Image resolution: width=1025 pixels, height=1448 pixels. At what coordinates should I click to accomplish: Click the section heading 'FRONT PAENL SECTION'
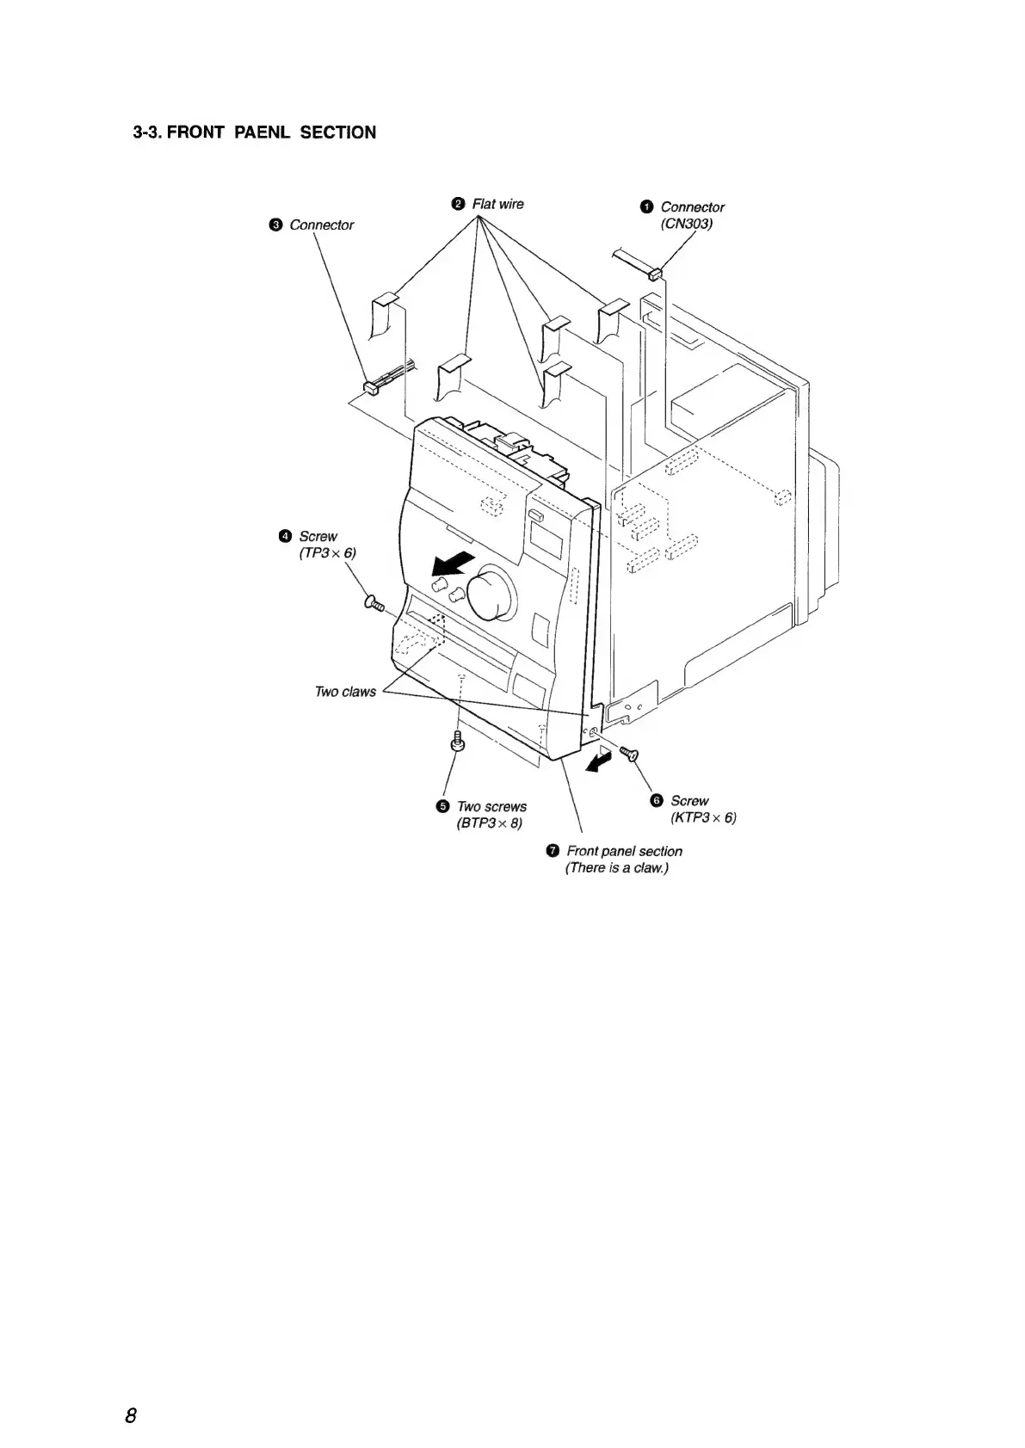[x=255, y=132]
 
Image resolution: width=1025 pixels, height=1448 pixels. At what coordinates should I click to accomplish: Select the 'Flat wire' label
[x=497, y=204]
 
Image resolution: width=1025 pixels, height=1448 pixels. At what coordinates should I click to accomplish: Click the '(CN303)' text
[x=687, y=224]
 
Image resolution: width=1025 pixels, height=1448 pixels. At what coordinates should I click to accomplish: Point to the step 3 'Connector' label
[x=321, y=225]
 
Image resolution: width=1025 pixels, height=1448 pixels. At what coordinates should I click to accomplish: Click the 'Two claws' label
[x=344, y=692]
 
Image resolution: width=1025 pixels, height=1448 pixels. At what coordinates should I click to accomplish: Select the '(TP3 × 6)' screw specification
[x=326, y=553]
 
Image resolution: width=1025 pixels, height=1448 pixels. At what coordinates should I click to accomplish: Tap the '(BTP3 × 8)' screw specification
[x=489, y=823]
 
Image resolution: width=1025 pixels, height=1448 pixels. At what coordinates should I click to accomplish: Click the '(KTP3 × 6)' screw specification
[x=703, y=817]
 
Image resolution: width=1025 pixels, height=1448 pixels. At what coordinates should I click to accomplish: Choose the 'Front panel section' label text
[x=624, y=851]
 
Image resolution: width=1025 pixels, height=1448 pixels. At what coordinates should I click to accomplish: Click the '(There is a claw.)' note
[x=616, y=867]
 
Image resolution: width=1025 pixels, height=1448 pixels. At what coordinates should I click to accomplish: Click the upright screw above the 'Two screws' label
[x=457, y=741]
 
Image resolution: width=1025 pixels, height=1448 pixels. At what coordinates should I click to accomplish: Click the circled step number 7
[x=552, y=852]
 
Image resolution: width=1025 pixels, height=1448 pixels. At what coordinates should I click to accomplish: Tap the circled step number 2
[x=458, y=204]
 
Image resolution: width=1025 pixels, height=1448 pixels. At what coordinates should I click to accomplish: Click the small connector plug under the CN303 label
[x=656, y=274]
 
